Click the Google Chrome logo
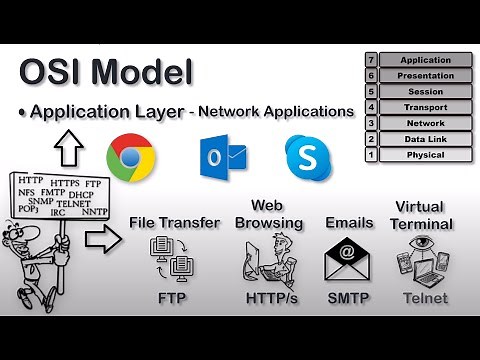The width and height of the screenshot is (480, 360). tap(130, 158)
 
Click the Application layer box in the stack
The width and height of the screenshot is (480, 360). tap(424, 60)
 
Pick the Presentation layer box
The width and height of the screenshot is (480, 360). tap(424, 76)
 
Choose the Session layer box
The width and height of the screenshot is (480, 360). tap(424, 92)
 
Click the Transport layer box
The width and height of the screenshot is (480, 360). tap(424, 107)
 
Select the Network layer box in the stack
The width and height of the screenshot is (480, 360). tap(424, 123)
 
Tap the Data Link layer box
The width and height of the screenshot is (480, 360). tap(424, 139)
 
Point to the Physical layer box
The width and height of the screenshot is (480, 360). tap(424, 155)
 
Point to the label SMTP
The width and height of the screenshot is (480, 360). tap(349, 298)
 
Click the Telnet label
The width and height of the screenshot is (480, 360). tap(424, 298)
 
